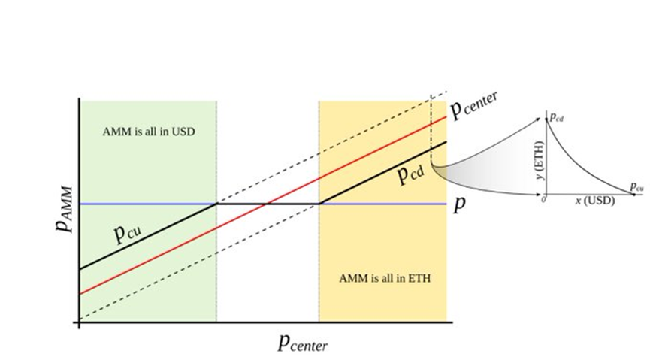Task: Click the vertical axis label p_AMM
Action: coord(65,210)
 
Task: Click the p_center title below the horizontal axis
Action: coord(303,343)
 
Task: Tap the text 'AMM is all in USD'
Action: coord(148,132)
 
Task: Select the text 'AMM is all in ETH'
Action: coord(385,278)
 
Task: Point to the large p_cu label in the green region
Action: coord(128,233)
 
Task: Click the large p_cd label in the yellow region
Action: coord(411,174)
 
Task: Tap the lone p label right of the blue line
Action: coord(459,204)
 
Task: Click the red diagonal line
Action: coord(263,206)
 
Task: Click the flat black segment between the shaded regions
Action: coord(268,204)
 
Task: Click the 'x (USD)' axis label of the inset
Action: coord(595,201)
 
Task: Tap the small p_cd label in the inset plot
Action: coord(557,118)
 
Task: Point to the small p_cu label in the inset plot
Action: coord(636,186)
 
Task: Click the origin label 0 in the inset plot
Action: coord(543,199)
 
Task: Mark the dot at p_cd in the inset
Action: coord(546,119)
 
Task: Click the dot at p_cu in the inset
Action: coord(634,194)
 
